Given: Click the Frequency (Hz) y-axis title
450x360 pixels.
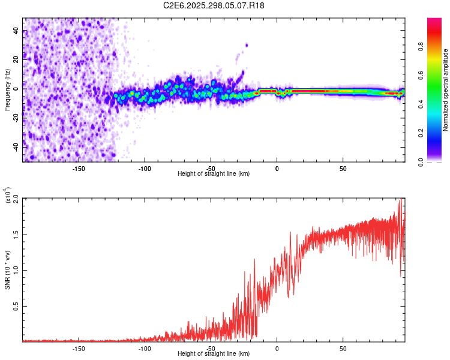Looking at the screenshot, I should click(8, 89).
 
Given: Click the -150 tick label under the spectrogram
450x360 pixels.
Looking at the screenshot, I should click(79, 167).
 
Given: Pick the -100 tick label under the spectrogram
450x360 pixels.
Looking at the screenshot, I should click(145, 167).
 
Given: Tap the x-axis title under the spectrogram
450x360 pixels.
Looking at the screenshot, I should click(214, 174).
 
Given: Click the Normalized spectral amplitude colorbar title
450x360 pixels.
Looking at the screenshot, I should click(446, 91).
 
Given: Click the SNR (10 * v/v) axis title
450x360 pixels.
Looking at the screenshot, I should click(8, 269).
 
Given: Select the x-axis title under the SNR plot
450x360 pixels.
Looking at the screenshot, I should click(214, 354).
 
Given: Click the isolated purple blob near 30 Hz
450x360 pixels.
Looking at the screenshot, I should click(246, 45).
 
